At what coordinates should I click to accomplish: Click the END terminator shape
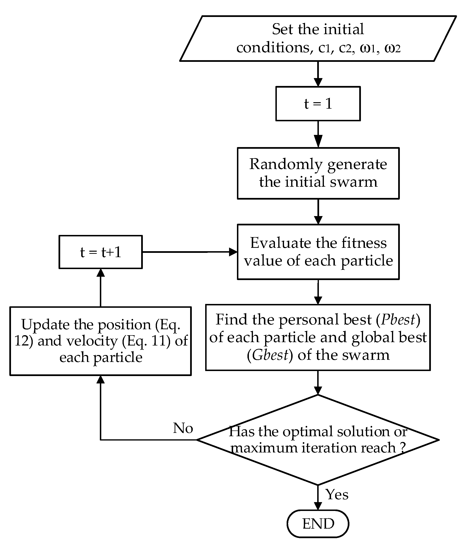[318, 524]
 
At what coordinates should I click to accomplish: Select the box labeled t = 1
[318, 103]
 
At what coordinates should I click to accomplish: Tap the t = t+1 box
[100, 252]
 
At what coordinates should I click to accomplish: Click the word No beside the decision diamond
[183, 428]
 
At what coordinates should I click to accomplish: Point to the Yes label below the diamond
[337, 494]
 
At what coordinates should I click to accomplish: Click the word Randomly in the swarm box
[286, 164]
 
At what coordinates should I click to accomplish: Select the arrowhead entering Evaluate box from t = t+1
[233, 252]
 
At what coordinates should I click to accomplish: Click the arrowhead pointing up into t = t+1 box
[100, 273]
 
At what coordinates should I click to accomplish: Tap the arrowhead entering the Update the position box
[100, 380]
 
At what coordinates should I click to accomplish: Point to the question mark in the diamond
[402, 448]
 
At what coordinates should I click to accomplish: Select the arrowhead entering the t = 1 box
[318, 82]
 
